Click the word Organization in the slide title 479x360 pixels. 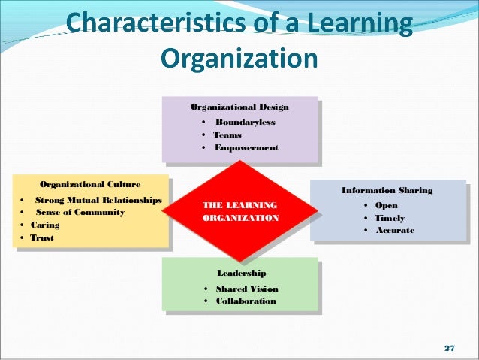coord(240,58)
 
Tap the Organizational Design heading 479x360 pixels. coord(239,107)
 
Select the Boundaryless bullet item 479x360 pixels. coord(245,122)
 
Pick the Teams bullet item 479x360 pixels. coord(227,135)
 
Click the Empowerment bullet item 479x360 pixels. coord(246,147)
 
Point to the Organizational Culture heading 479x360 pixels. coord(89,184)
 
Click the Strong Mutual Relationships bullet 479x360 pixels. coord(98,200)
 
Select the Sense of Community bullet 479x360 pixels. coord(80,213)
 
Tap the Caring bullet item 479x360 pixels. coord(45,225)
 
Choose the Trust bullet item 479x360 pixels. coord(42,237)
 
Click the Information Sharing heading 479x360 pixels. coord(387,191)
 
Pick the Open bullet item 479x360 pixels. coord(386,205)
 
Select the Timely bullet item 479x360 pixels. coord(390,218)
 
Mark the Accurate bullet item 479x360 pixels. coord(394,230)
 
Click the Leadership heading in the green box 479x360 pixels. coord(240,273)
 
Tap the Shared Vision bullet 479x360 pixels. coord(246,289)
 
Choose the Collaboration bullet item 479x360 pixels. coord(246,301)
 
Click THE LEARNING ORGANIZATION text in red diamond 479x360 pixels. coord(240,211)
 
